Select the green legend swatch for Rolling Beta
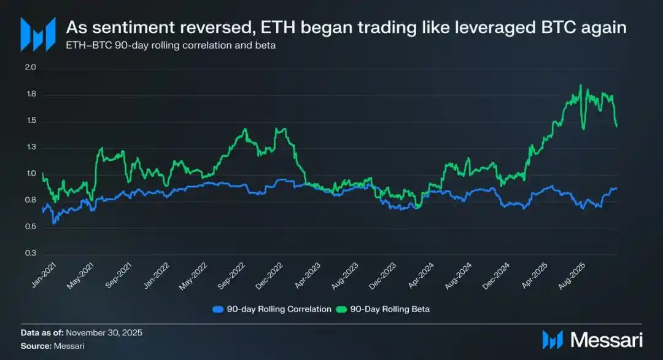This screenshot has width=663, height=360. [341, 309]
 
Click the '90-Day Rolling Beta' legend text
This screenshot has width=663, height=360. [390, 309]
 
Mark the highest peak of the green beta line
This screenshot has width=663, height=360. [580, 85]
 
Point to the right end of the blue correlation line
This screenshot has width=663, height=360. [616, 189]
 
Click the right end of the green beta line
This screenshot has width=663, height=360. [616, 127]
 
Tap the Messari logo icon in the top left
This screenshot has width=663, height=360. [34, 34]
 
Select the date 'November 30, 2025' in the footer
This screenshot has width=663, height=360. [104, 332]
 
